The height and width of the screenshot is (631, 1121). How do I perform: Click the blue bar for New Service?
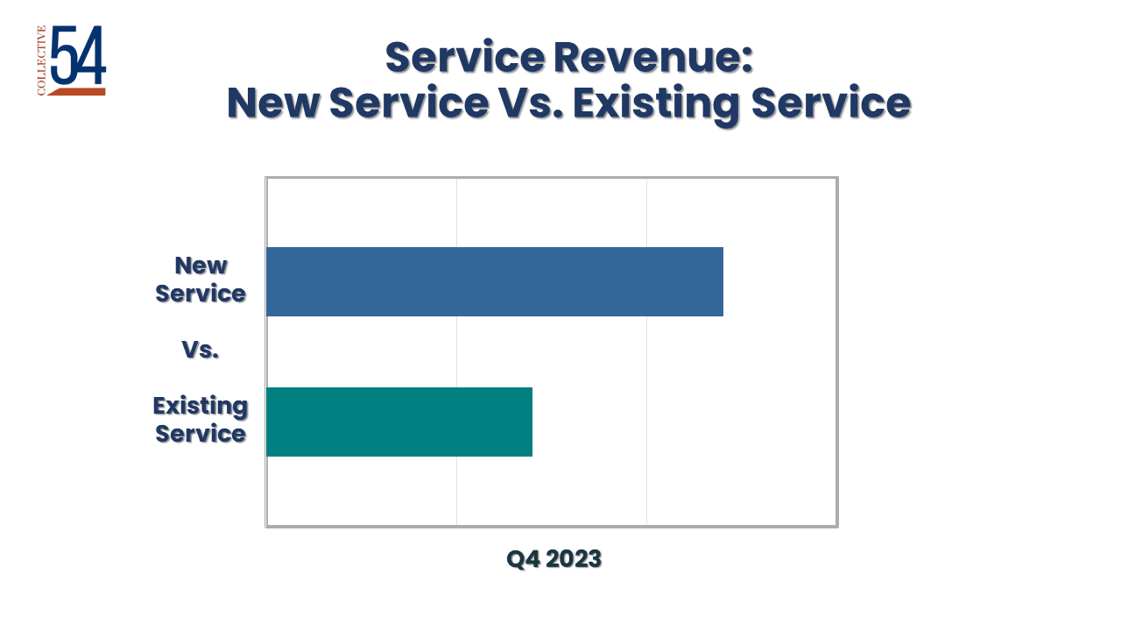pyautogui.click(x=495, y=281)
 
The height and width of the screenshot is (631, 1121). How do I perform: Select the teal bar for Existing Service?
pyautogui.click(x=399, y=422)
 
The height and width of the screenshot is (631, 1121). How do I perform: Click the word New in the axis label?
pyautogui.click(x=201, y=266)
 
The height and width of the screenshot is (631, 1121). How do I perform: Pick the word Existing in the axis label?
pyautogui.click(x=201, y=406)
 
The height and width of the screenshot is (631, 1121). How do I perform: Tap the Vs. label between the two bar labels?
pyautogui.click(x=201, y=350)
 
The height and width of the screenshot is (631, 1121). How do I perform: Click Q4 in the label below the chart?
pyautogui.click(x=523, y=559)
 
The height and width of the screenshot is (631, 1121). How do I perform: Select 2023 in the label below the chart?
pyautogui.click(x=574, y=559)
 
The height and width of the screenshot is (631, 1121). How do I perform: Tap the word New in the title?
pyautogui.click(x=271, y=103)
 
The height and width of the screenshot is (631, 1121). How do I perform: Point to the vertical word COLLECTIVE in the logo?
pyautogui.click(x=41, y=60)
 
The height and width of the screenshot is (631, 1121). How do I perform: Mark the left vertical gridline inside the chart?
pyautogui.click(x=457, y=351)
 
